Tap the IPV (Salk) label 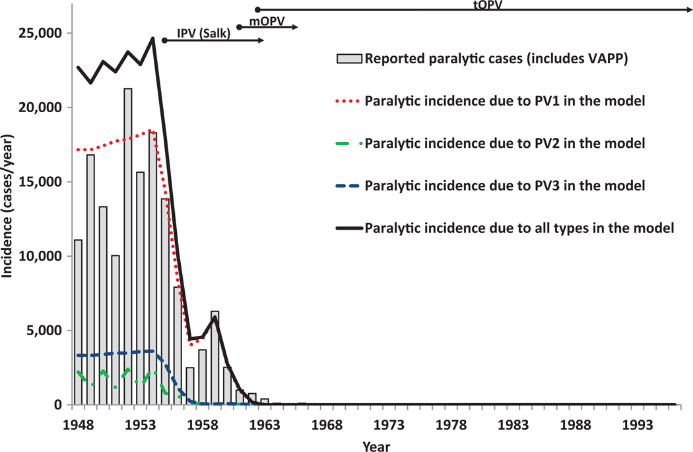click(203, 34)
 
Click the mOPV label click(267, 20)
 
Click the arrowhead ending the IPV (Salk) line click(261, 41)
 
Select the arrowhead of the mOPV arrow click(296, 27)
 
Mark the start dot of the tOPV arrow click(257, 9)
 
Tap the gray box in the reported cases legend click(349, 59)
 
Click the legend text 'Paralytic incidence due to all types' click(519, 228)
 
